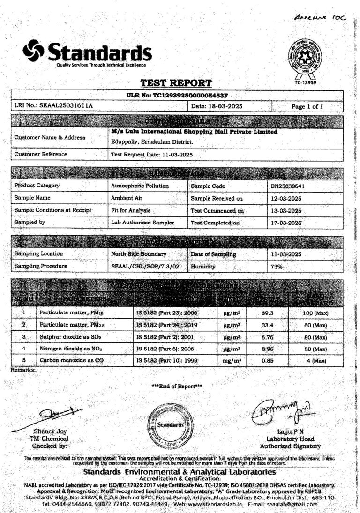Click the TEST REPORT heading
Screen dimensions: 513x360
pos(176,83)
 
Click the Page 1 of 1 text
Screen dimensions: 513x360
pos(307,106)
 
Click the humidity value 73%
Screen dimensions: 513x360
pos(277,266)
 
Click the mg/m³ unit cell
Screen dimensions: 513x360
pos(232,361)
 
